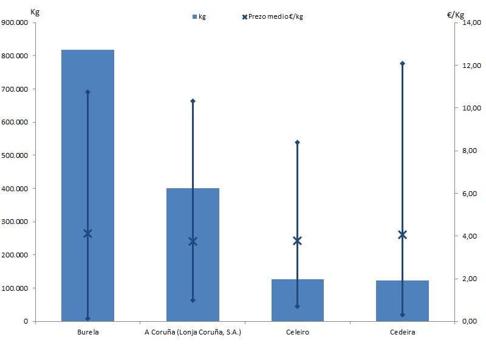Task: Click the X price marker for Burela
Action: [x=87, y=233]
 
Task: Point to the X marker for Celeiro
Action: [x=297, y=241]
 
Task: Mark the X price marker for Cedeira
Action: [x=402, y=234]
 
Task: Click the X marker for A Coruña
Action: [x=193, y=241]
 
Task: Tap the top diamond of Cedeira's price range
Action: [x=402, y=63]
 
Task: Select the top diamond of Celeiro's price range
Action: [x=297, y=142]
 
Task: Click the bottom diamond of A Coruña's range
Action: [x=193, y=300]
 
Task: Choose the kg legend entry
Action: [x=199, y=16]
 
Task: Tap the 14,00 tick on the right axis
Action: [x=472, y=22]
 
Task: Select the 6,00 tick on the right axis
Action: [x=472, y=194]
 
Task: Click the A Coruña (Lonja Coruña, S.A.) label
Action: [x=193, y=333]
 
